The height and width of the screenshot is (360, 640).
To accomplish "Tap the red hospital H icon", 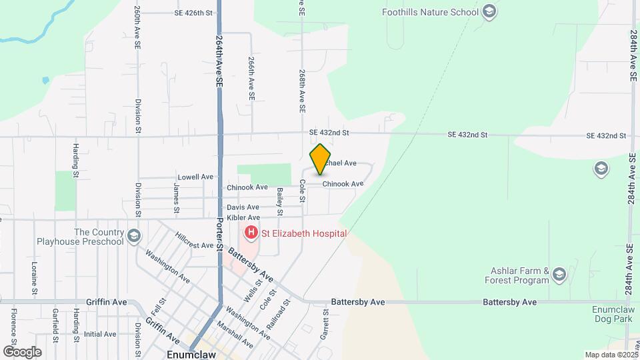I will coord(251,233).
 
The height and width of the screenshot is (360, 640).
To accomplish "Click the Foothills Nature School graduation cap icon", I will coord(490,12).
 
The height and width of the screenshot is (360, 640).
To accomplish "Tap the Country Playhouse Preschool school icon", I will coord(134,236).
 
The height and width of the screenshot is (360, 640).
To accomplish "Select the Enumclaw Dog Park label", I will coord(615,315).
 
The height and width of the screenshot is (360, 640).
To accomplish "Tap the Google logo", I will coord(22,351).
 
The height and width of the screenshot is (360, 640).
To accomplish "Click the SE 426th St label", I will coord(193,13).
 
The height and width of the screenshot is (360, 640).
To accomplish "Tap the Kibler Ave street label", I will coord(243,217).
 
